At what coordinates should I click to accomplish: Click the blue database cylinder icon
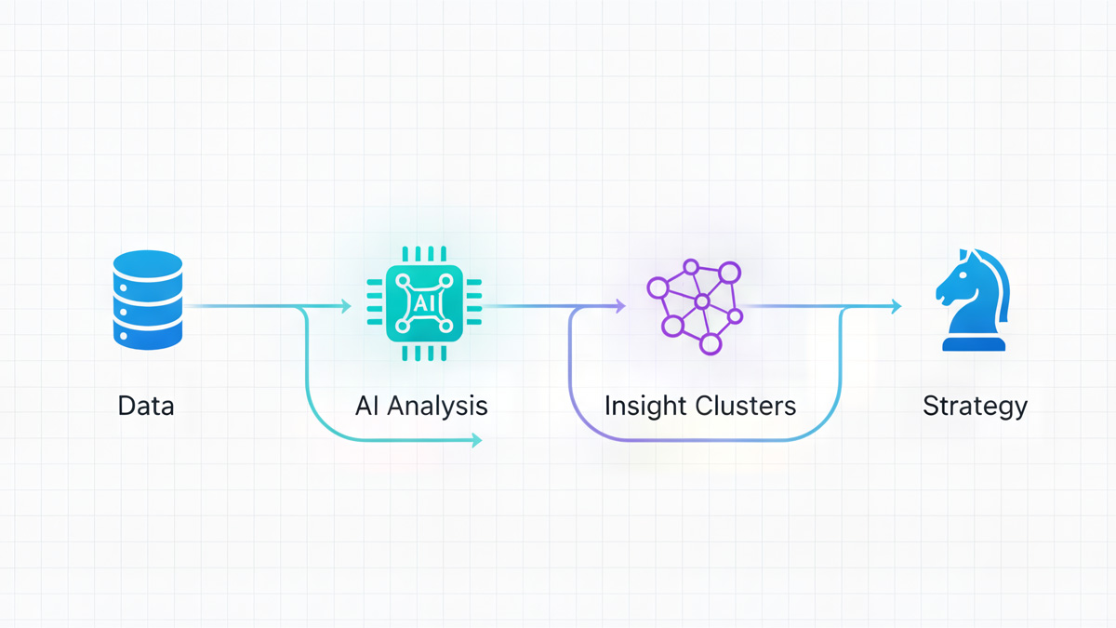147,300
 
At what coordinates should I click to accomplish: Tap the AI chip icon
423,303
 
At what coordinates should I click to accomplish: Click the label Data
146,407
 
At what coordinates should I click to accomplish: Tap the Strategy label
975,407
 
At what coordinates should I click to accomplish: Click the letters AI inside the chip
423,303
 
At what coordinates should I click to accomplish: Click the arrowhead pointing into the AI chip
347,305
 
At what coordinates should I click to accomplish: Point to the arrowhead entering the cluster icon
620,305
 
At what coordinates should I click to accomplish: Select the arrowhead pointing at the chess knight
897,305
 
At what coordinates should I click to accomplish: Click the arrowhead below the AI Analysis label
477,440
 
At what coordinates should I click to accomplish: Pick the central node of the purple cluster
702,302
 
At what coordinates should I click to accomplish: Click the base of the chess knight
974,343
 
